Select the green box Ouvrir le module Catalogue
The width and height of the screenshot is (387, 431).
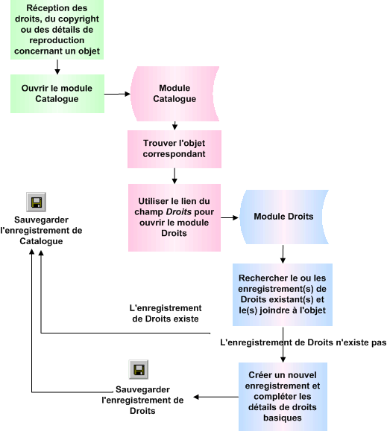coord(56,93)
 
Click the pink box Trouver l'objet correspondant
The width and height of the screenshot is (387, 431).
coord(174,148)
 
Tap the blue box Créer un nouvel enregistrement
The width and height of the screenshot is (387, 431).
coord(283,397)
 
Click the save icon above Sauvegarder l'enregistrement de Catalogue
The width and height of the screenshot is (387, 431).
coord(36,202)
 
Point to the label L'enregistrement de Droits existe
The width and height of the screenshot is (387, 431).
coord(166,313)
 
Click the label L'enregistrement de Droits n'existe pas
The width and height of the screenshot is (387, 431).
coord(304,344)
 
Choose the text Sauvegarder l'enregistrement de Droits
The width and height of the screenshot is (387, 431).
coord(142,400)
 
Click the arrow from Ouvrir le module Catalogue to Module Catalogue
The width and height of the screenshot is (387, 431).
coord(116,94)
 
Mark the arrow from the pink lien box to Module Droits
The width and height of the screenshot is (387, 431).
coord(230,218)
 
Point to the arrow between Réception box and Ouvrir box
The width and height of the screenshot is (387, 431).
coord(57,67)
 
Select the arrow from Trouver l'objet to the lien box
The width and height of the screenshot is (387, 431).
coord(174,175)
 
